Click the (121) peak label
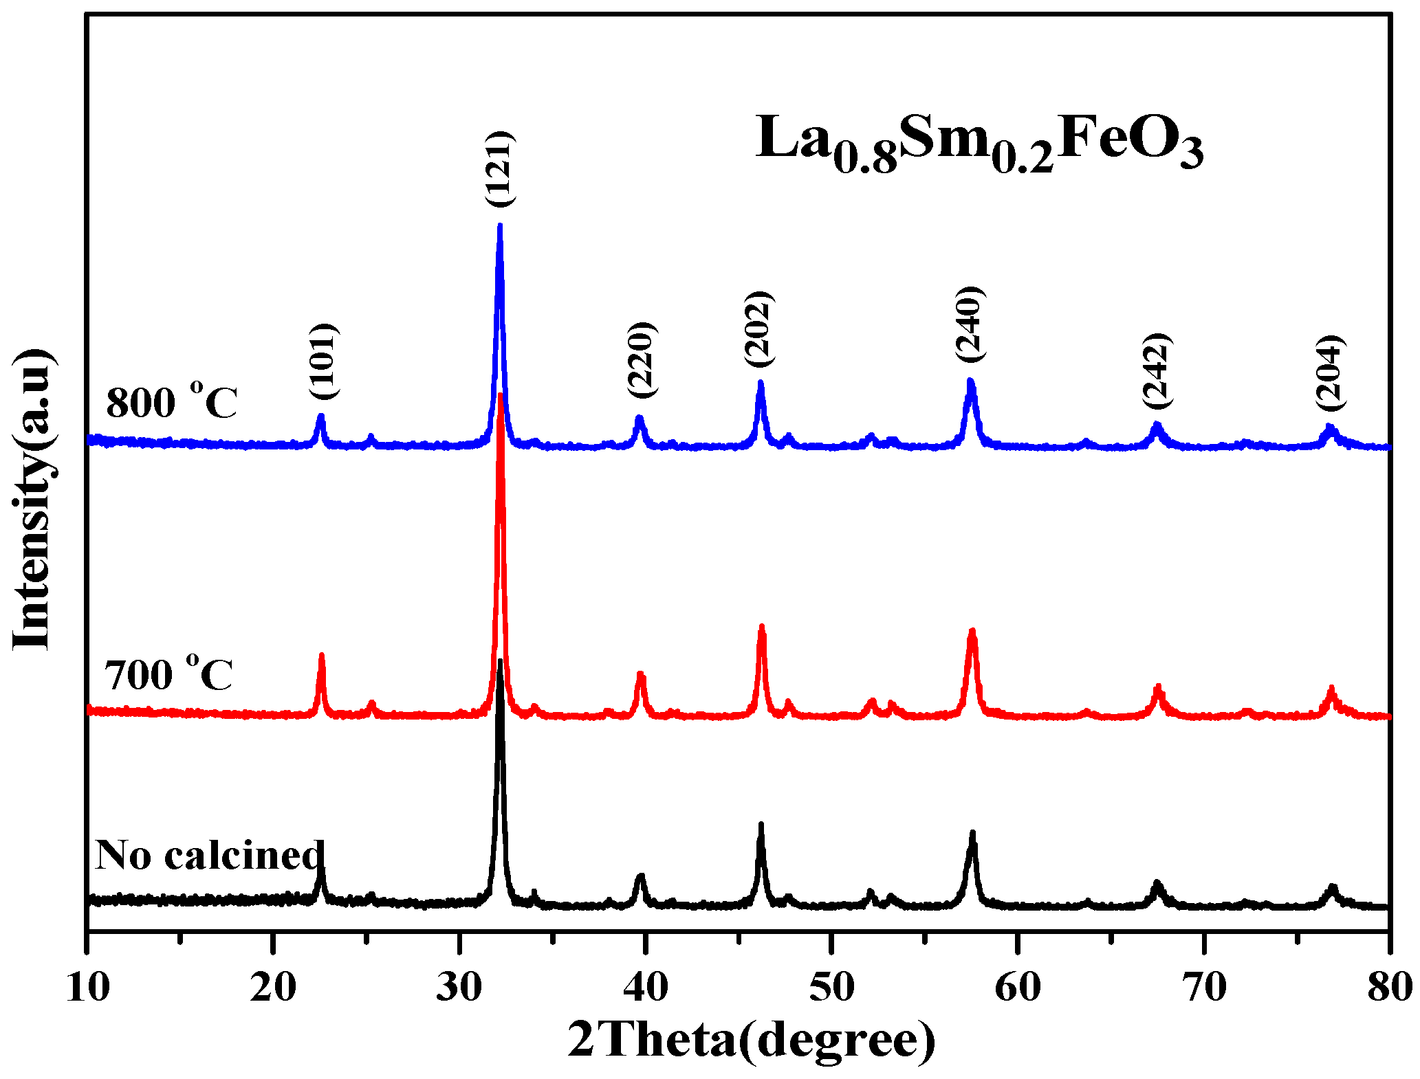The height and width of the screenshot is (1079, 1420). [x=500, y=169]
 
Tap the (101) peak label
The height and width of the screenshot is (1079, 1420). [x=323, y=361]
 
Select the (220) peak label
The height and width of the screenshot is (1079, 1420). [x=642, y=359]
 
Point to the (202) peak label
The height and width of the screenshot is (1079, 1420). [x=759, y=329]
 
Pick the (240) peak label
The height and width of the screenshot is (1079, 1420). [x=970, y=324]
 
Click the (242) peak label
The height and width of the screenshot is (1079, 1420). [x=1156, y=370]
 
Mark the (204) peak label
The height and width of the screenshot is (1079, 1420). [x=1329, y=372]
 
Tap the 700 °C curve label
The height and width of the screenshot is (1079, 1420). [x=168, y=674]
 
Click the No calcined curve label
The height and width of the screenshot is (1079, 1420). [x=209, y=855]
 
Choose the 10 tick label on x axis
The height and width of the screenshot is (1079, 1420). [x=87, y=988]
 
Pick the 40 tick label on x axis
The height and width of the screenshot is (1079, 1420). [x=645, y=988]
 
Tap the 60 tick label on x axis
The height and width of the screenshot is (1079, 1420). [x=1018, y=988]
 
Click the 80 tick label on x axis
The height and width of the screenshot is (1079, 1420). [x=1389, y=988]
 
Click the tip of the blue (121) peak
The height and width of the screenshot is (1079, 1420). [x=500, y=225]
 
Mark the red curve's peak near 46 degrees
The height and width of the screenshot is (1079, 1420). [x=761, y=627]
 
